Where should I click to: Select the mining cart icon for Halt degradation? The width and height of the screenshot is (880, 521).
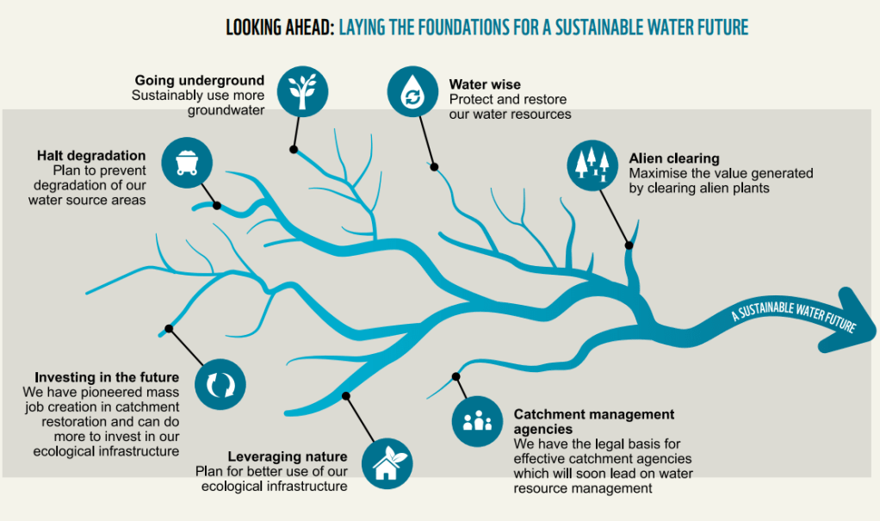click(x=186, y=162)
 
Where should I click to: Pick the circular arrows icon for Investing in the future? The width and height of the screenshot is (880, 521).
click(x=220, y=383)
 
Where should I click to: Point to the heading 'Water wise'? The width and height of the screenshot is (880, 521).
click(x=485, y=85)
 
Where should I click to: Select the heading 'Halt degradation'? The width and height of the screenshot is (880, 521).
click(x=91, y=155)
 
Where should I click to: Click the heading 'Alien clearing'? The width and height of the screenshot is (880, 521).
click(x=673, y=158)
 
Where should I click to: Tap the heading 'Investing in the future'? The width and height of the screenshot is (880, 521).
click(x=107, y=377)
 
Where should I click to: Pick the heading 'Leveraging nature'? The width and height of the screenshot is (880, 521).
click(x=288, y=456)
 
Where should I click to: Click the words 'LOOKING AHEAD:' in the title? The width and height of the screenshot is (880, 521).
click(x=279, y=28)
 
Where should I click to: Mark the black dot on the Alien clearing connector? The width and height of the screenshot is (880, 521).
click(x=629, y=245)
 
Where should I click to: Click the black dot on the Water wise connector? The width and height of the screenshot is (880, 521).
click(x=435, y=167)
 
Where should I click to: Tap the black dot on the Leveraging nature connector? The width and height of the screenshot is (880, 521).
click(x=346, y=396)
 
